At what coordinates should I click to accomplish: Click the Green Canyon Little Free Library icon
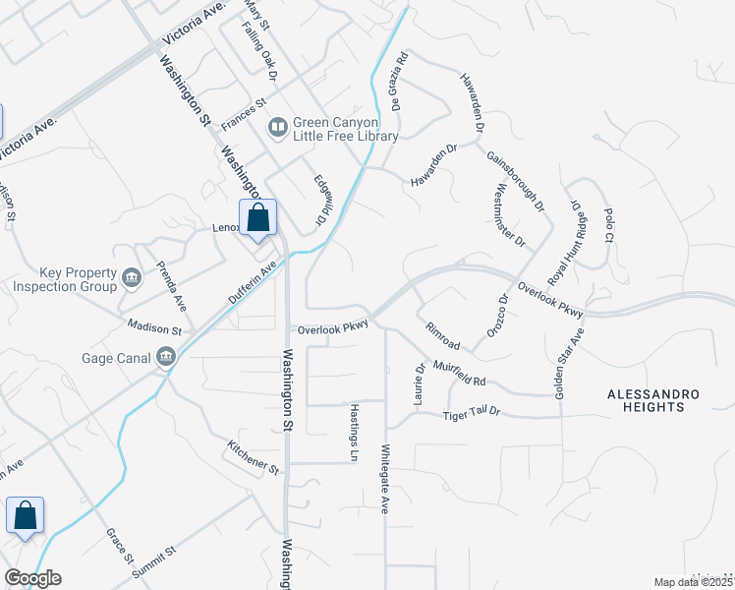point(278,128)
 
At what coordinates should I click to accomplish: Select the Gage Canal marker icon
point(167,357)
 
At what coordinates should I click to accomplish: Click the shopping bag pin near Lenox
point(258,218)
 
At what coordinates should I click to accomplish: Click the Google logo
point(32,578)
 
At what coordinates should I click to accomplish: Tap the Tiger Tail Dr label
point(472,414)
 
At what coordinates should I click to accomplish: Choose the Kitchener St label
point(254,458)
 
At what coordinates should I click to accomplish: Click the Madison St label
point(154,324)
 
